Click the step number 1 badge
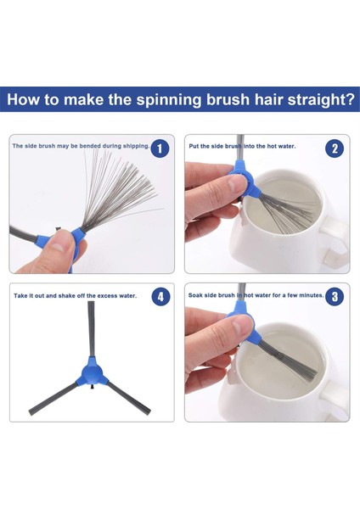[x=160, y=148]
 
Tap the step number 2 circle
[x=335, y=148]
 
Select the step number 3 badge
[x=335, y=297]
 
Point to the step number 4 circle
[x=160, y=297]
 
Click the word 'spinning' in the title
[x=169, y=99]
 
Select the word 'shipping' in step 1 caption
[x=135, y=146]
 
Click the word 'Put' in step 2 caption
[x=194, y=147]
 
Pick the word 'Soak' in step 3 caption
[x=195, y=295]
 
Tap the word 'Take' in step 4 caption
[x=20, y=296]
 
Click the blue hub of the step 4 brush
[x=91, y=373]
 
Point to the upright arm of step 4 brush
[x=92, y=328]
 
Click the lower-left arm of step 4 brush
[x=53, y=399]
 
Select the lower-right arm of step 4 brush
[x=128, y=398]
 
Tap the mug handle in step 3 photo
[x=335, y=398]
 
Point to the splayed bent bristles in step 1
[x=121, y=192]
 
